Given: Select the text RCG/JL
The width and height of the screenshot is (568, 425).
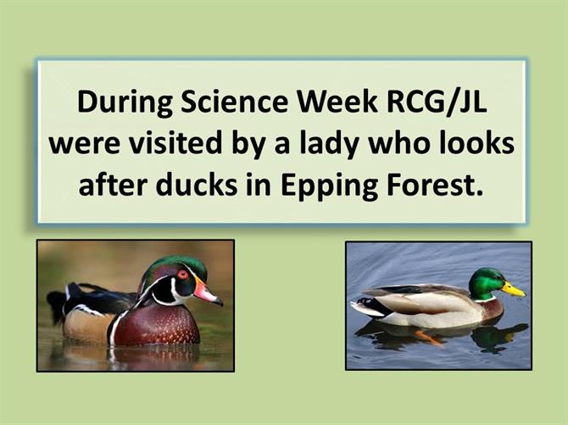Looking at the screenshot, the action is (437, 103).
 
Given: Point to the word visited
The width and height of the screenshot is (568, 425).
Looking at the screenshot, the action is (175, 143).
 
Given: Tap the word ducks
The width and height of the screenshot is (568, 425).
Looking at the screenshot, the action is (197, 184).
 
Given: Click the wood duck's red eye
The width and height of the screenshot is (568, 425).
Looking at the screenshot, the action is (182, 273).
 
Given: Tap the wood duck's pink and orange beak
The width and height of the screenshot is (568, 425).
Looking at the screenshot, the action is (207, 290).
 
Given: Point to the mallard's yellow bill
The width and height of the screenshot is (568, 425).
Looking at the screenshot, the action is (513, 290).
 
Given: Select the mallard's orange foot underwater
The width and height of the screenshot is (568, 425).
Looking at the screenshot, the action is (428, 337).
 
